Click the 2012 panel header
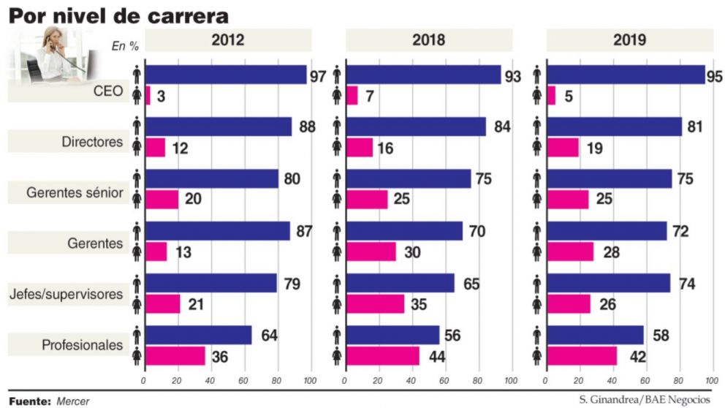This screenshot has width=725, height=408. pyautogui.click(x=227, y=40)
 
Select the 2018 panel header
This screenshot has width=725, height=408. pyautogui.click(x=428, y=40)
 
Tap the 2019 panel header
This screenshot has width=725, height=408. pyautogui.click(x=630, y=40)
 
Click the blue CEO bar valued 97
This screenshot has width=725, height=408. pyautogui.click(x=226, y=75)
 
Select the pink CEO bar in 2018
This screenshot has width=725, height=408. pyautogui.click(x=352, y=96)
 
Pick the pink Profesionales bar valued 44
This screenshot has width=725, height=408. pyautogui.click(x=383, y=356)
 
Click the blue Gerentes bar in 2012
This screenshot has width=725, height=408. pyautogui.click(x=218, y=231)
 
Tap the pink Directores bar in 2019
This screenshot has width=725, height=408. pyautogui.click(x=563, y=148)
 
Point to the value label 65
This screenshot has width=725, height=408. pyautogui.click(x=472, y=283)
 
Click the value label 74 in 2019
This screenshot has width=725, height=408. pyautogui.click(x=685, y=283)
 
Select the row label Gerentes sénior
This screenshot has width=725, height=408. pyautogui.click(x=74, y=194)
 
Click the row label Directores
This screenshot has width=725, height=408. pyautogui.click(x=92, y=141)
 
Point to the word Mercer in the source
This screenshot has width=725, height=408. pyautogui.click(x=72, y=401)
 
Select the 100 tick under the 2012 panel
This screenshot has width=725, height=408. pyautogui.click(x=309, y=381)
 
